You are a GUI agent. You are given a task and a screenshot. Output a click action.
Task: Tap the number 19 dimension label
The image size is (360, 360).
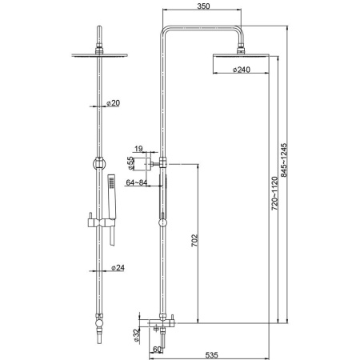(139, 149)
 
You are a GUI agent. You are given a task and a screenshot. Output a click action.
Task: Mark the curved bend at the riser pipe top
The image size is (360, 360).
(166, 31)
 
